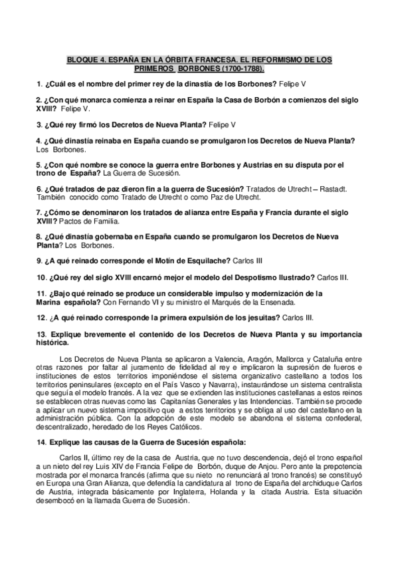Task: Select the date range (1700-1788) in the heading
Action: (x=242, y=69)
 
